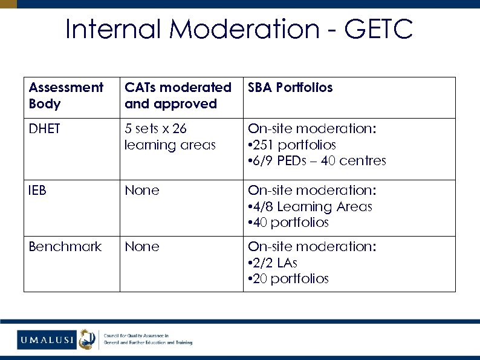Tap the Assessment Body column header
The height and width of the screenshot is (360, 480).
(x=66, y=96)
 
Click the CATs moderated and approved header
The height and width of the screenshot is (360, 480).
(x=178, y=96)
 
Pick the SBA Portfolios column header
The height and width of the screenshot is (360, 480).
(x=290, y=88)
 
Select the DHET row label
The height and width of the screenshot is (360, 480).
(x=45, y=129)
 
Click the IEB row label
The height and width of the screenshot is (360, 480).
(x=38, y=191)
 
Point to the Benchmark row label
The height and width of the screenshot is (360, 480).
(x=65, y=247)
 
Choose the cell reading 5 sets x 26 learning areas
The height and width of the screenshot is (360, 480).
(x=170, y=137)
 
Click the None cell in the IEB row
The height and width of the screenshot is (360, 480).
(x=142, y=191)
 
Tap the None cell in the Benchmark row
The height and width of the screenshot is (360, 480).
(x=142, y=247)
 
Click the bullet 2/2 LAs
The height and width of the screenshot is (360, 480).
(x=276, y=263)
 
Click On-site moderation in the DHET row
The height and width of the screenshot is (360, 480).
(x=312, y=129)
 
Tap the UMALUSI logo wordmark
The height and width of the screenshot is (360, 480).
(x=46, y=340)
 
